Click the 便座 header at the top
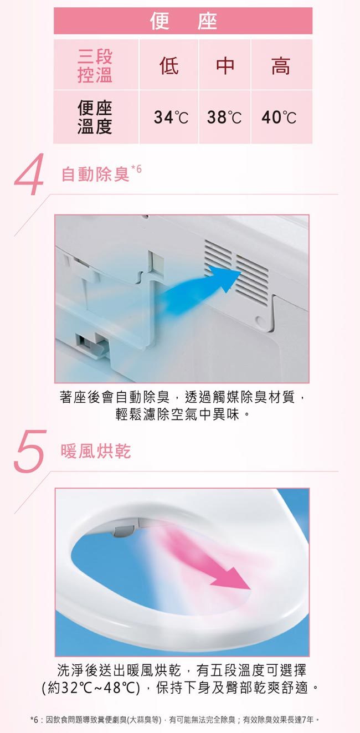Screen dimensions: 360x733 [183, 20]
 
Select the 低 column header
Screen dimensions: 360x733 [169, 66]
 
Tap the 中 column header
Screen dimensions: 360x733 [225, 66]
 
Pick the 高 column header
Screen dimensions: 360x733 [281, 66]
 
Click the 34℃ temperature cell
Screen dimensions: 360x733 [171, 117]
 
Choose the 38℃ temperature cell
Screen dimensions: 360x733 [224, 117]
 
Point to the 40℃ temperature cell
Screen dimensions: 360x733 [279, 117]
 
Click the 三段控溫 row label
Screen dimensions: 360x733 [95, 66]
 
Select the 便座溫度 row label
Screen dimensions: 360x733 [95, 117]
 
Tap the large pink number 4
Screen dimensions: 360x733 [29, 174]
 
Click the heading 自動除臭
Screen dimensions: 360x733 [95, 174]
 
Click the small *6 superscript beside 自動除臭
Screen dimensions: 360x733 [136, 169]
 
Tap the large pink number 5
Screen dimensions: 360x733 [29, 451]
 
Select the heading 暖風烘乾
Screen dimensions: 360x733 [95, 451]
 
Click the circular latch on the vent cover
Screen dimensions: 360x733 [261, 321]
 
